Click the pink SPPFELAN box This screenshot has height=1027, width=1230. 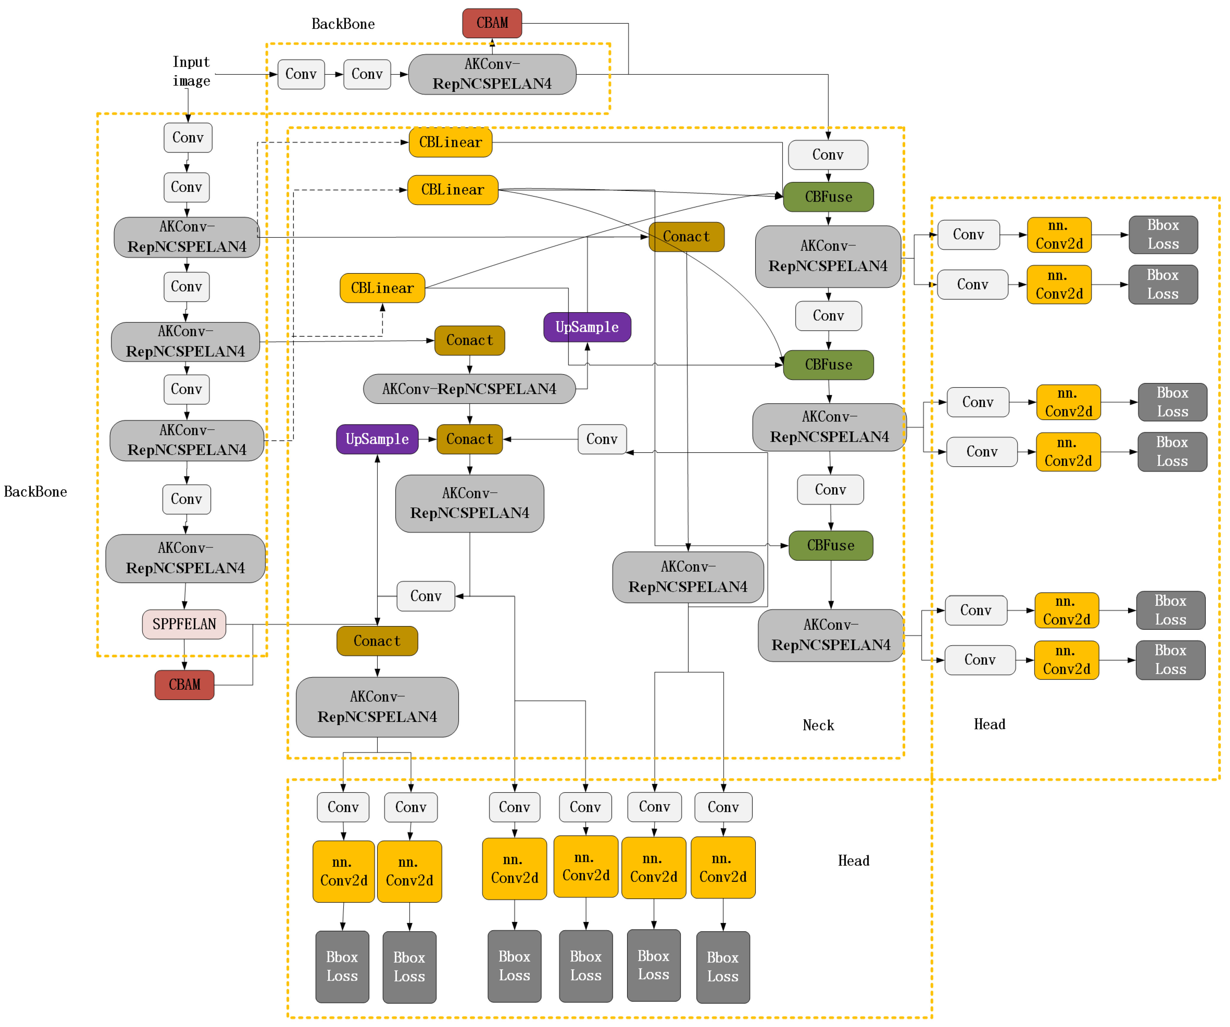click(x=184, y=624)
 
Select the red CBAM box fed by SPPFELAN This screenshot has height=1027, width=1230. click(x=184, y=684)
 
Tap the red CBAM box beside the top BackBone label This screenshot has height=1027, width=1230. click(x=492, y=23)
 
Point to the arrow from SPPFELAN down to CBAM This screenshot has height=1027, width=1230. click(x=184, y=655)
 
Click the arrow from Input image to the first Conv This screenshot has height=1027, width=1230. click(x=246, y=74)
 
